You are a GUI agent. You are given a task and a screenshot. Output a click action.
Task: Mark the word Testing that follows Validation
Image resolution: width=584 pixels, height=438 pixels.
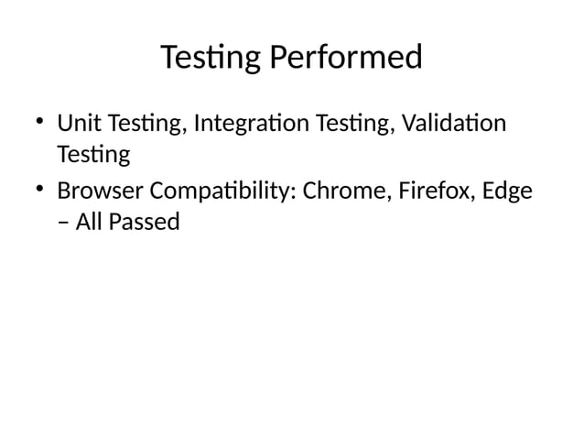tap(92, 154)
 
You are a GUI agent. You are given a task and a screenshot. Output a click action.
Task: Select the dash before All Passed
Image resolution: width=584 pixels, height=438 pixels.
tap(63, 223)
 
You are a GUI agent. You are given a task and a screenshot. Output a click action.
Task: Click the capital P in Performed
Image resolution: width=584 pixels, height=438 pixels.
tap(277, 59)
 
